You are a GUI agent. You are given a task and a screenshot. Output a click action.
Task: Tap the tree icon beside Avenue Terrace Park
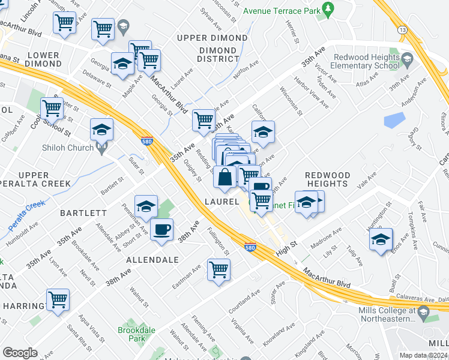click(x=328, y=8)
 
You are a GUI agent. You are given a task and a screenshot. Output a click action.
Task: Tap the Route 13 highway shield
click(x=402, y=30)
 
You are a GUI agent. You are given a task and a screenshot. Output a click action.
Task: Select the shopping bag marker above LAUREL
click(x=224, y=177)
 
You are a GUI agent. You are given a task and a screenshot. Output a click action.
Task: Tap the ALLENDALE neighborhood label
click(x=152, y=260)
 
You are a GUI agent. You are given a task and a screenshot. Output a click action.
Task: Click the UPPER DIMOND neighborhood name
click(x=212, y=38)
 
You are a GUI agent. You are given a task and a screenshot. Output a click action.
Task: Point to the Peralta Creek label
click(x=27, y=215)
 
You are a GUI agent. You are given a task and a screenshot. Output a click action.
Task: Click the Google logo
click(x=20, y=353)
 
